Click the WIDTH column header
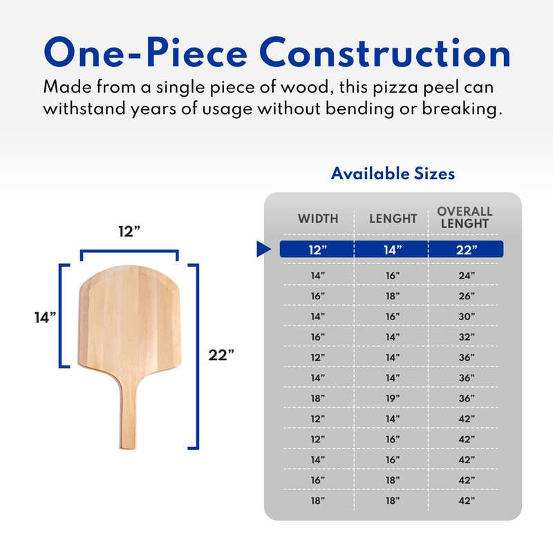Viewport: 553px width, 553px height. pos(318,218)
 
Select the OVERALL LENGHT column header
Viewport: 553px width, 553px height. pos(465,217)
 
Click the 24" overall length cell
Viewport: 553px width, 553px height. pos(466,275)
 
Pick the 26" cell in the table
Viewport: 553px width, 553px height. pos(466,296)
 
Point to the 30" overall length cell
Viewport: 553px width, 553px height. pos(466,317)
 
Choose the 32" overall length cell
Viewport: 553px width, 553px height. pos(466,337)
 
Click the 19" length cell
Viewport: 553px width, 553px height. pos(393,400)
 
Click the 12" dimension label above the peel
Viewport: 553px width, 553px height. pos(129,232)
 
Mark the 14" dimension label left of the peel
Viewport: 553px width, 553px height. pos(45,317)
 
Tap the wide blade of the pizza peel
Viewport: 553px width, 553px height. pos(129,321)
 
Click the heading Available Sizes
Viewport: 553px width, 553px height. pos(393,173)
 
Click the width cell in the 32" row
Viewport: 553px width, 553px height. pos(318,337)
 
